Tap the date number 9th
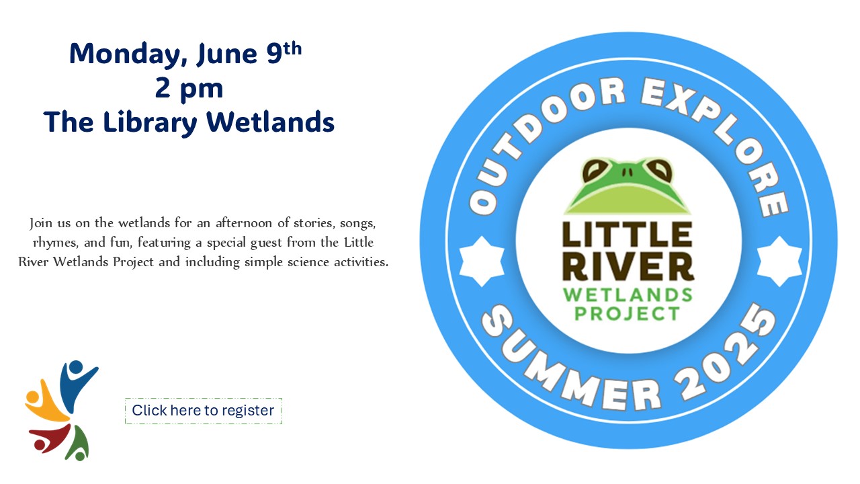pyautogui.click(x=284, y=52)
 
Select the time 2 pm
pyautogui.click(x=189, y=89)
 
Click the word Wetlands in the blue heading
pyautogui.click(x=270, y=122)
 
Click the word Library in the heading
pyautogui.click(x=150, y=123)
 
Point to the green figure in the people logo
pyautogui.click(x=79, y=444)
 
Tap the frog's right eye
pyautogui.click(x=659, y=169)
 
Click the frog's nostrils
pyautogui.click(x=628, y=171)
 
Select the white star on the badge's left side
pyautogui.click(x=482, y=261)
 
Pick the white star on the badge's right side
pyautogui.click(x=779, y=261)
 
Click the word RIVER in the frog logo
pyautogui.click(x=628, y=267)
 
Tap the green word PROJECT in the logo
pyautogui.click(x=628, y=314)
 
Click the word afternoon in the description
pyautogui.click(x=243, y=223)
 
